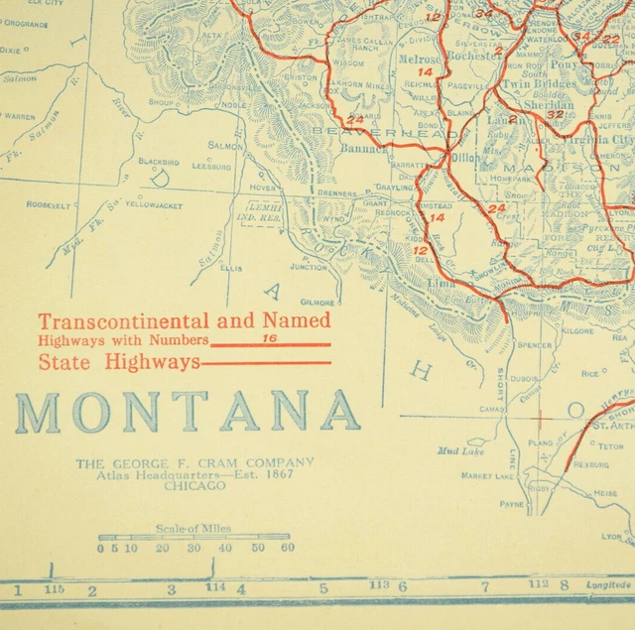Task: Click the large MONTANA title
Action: tap(188, 412)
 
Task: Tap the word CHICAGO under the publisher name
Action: tap(194, 487)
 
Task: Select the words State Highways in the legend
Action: tap(119, 362)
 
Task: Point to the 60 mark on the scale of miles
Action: tap(287, 548)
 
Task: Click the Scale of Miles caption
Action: tap(194, 529)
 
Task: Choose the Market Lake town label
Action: tap(487, 476)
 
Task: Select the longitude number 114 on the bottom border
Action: tap(214, 587)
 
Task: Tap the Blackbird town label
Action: tap(158, 161)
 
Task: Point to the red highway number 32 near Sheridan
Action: tap(555, 114)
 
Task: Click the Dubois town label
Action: tap(525, 377)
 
